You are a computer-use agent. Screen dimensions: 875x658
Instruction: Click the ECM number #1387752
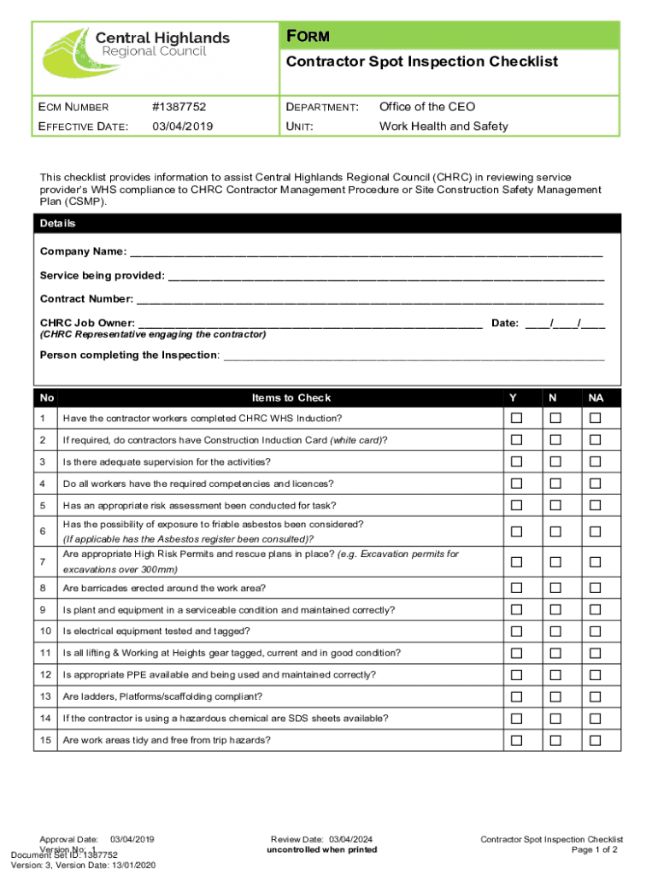click(179, 107)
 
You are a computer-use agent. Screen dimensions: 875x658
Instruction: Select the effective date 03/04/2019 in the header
click(182, 126)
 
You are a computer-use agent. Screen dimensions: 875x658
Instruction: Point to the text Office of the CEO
click(426, 107)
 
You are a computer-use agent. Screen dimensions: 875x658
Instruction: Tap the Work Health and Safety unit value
click(443, 126)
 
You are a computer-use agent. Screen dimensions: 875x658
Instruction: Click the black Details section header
click(328, 224)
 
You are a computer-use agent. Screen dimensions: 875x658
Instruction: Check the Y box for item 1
click(515, 418)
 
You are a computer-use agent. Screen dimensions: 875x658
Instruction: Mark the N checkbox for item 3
click(555, 461)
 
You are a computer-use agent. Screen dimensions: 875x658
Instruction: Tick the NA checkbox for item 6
click(596, 531)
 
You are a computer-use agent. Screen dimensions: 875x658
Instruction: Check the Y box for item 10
click(515, 631)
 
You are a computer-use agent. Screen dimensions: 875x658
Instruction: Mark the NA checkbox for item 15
click(596, 740)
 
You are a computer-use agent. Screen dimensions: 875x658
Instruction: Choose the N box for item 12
click(555, 675)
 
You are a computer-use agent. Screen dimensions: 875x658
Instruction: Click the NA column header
click(596, 397)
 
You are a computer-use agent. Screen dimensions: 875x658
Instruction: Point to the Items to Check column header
click(291, 397)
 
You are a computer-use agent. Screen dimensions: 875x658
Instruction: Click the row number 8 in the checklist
click(43, 588)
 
